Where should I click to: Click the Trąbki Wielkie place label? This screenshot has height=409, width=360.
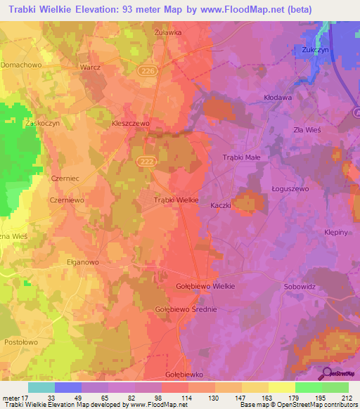pos(176,200)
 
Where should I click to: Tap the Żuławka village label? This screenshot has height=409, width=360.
pos(168,32)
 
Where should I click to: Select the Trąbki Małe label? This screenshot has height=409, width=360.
pos(241,157)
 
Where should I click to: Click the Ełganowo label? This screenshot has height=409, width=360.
pos(79,261)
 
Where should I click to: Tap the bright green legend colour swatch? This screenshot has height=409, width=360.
pos(308,387)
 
